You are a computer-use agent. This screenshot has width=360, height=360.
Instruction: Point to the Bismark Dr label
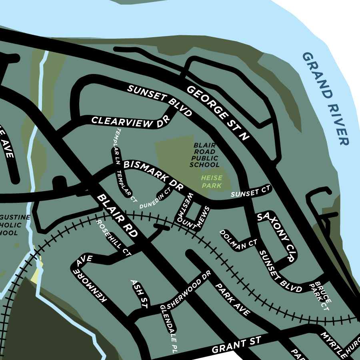pyautogui.click(x=153, y=175)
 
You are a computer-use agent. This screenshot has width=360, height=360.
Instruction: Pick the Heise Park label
pyautogui.click(x=212, y=182)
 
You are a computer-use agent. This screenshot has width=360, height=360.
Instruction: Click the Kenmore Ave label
pyautogui.click(x=90, y=280)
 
